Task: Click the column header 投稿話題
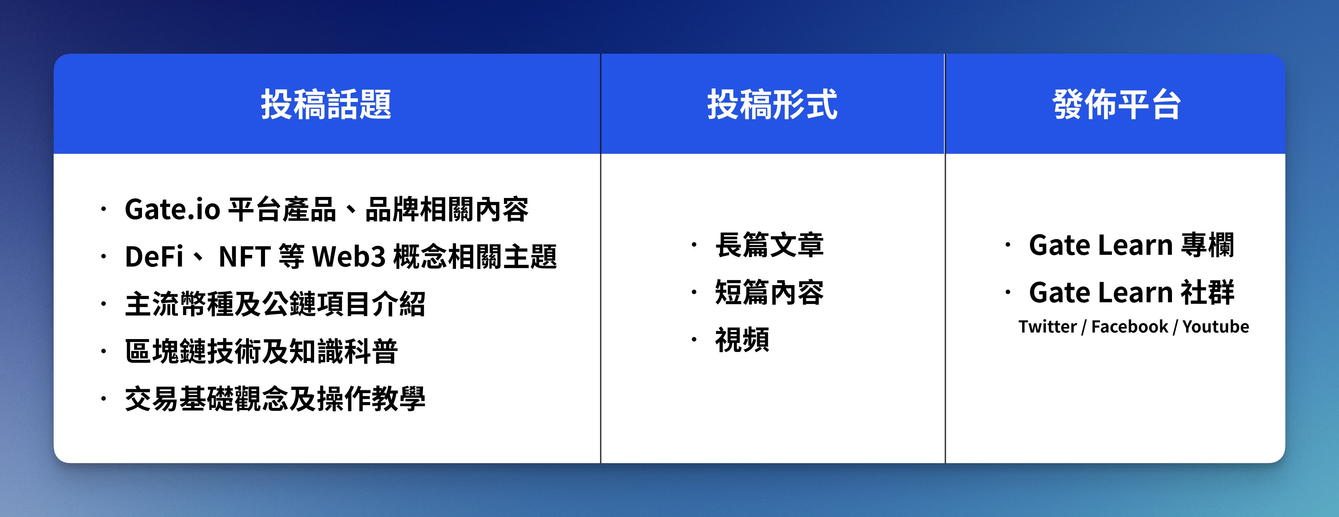(326, 104)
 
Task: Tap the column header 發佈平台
(1117, 104)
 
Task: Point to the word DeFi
(154, 256)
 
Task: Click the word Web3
(349, 256)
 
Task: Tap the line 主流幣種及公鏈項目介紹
(275, 304)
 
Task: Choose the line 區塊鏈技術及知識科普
(261, 351)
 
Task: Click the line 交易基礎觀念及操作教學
(275, 398)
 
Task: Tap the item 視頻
(742, 340)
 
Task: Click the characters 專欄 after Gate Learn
(1207, 245)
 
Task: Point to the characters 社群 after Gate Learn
(1207, 292)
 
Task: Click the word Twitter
(1048, 327)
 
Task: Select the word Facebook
(1129, 327)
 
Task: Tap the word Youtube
(1216, 327)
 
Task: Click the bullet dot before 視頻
(694, 340)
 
